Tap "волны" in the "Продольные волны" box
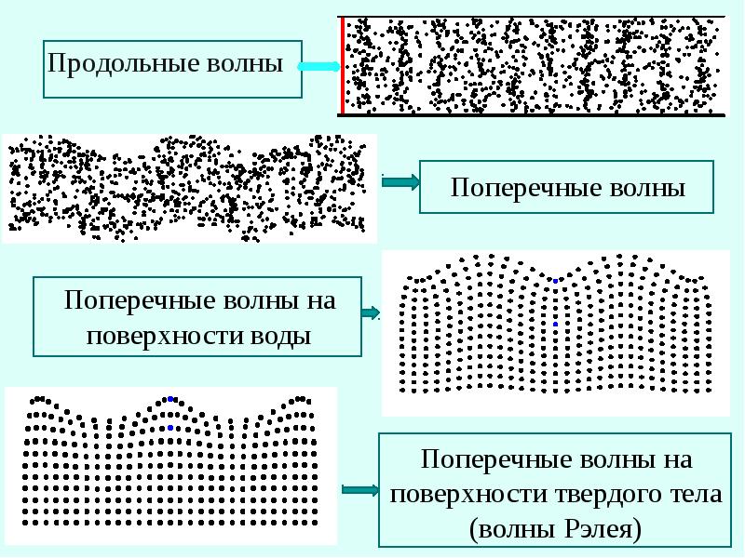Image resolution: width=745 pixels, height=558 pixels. (251, 65)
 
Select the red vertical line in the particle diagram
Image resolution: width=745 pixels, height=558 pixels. (342, 66)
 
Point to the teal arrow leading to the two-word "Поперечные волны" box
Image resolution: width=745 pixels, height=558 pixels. (400, 183)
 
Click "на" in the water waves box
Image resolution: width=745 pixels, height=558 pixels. (318, 301)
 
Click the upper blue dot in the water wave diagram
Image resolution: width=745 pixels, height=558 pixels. (556, 281)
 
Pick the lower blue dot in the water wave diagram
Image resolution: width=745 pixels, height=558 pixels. (555, 324)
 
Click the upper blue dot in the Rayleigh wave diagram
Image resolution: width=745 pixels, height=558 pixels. (170, 399)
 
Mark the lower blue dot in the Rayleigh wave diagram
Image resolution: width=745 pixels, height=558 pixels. (170, 428)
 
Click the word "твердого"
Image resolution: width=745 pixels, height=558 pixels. (616, 494)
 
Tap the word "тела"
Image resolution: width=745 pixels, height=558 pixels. (698, 494)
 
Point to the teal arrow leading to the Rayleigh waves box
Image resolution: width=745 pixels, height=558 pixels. (359, 489)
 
